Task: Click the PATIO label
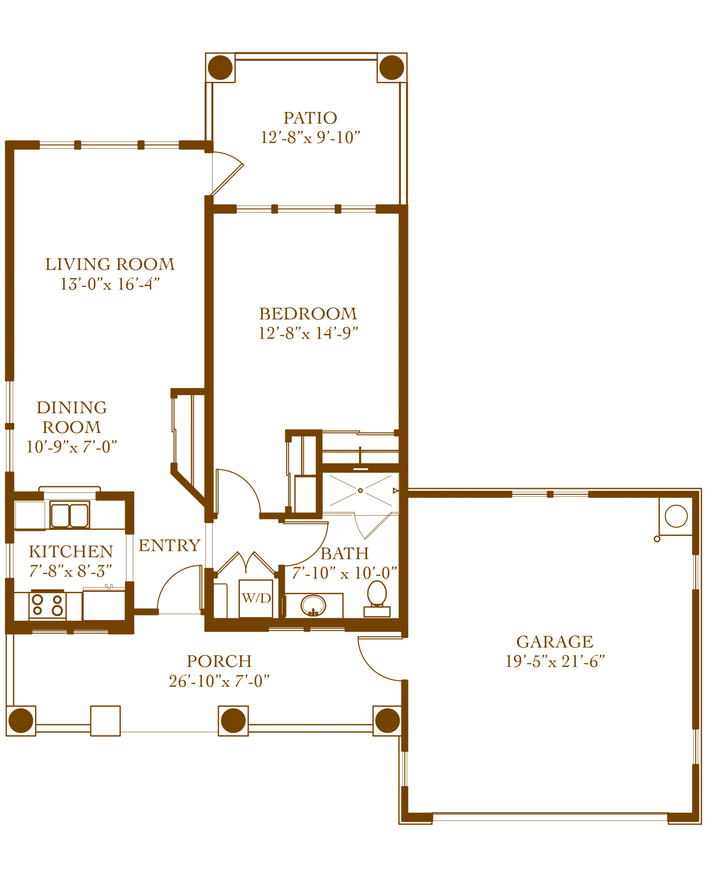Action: coord(310,119)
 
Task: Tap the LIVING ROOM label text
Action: coord(110,265)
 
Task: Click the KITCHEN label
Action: coord(70,553)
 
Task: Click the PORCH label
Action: coord(219,662)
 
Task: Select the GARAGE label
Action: coord(555,642)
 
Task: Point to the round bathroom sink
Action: coord(314,605)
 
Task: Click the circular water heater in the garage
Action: coord(675,517)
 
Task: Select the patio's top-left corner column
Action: coord(221,67)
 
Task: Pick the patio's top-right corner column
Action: coord(391,67)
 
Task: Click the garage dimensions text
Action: coord(555,660)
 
